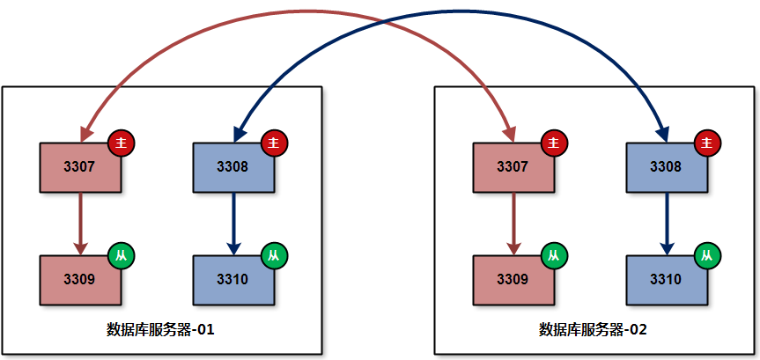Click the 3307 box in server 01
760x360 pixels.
(80, 166)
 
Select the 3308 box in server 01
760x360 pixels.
(233, 166)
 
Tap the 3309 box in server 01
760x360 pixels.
(80, 279)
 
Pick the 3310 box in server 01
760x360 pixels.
(233, 279)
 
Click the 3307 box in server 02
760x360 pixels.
(513, 166)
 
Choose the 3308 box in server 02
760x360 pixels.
(666, 166)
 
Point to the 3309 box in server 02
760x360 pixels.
(513, 279)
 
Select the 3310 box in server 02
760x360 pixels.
(666, 279)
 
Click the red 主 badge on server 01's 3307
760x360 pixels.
(122, 142)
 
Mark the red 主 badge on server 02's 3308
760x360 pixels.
(707, 142)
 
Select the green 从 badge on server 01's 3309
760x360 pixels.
(122, 255)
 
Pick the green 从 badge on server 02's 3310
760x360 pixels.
(707, 255)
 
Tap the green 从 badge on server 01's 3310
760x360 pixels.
(275, 255)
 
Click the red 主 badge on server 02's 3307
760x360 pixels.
(554, 142)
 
